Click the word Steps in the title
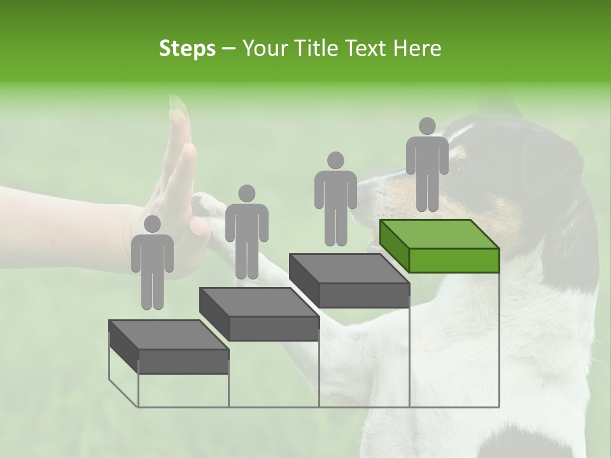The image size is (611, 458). coord(187,49)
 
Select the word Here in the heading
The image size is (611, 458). coord(416,48)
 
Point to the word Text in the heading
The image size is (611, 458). coord(363,48)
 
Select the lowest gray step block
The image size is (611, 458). coord(169,347)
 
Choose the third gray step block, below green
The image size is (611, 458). coord(349,281)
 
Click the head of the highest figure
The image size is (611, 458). coord(427,126)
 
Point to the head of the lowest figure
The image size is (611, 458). coord(152,224)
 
